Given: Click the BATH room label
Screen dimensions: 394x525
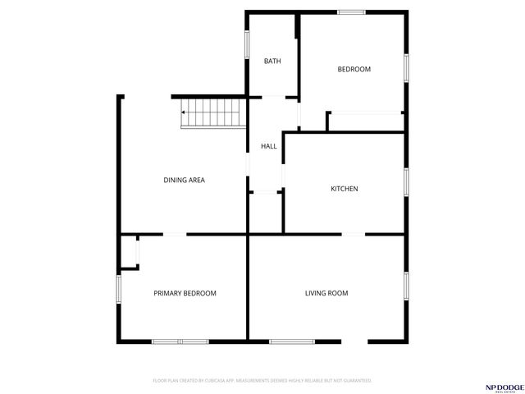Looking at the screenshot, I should pos(272,62).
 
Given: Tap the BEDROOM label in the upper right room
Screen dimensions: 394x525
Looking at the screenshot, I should pos(354,69).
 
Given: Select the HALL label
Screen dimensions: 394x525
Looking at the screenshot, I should pos(268,146).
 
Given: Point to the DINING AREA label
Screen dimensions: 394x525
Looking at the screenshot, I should pos(185,180).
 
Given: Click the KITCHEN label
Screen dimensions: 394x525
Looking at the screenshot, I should pos(344,189).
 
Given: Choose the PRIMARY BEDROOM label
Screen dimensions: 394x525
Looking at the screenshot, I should pos(185,293).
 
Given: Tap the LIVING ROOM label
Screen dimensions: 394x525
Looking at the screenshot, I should pos(326,293).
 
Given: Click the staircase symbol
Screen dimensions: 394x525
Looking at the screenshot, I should pos(213,112).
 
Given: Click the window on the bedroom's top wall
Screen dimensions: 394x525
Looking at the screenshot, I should pos(352,11).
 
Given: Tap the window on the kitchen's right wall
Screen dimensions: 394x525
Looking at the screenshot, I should pos(405,182).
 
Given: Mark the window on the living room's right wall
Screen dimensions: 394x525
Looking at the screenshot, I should pos(405,286).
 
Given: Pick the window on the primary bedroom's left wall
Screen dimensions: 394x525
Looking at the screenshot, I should pos(119,289).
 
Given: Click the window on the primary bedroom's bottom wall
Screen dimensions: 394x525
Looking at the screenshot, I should pos(180,341).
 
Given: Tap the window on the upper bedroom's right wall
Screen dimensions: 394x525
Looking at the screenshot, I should pos(405,67).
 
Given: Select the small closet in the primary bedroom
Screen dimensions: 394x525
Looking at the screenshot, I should pos(129,252).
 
